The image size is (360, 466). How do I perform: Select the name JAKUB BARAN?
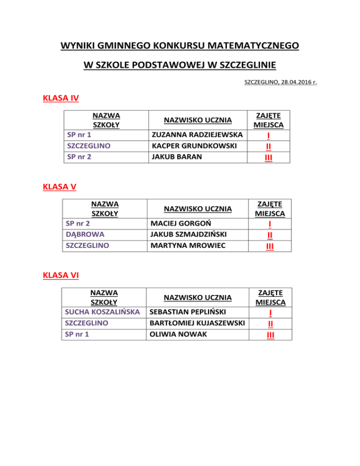coord(172,157)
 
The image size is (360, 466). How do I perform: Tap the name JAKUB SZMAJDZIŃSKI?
coord(191,234)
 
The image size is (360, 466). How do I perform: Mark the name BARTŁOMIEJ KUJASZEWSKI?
coord(197,323)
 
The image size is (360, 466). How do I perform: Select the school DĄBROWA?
coord(85,234)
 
